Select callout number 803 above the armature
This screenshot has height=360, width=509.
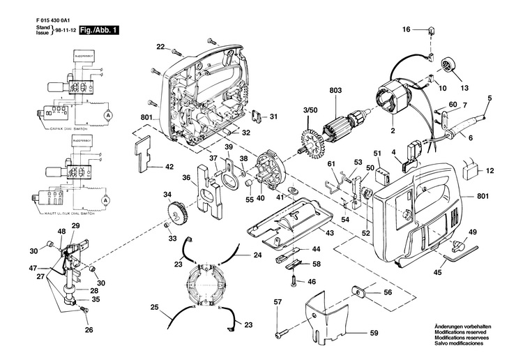pyautogui.click(x=335, y=90)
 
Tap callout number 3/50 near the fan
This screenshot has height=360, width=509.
pyautogui.click(x=309, y=111)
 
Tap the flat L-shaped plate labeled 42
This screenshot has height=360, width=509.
pyautogui.click(x=144, y=153)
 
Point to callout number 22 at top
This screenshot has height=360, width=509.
pyautogui.click(x=160, y=47)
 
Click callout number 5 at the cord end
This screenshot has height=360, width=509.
pyautogui.click(x=489, y=98)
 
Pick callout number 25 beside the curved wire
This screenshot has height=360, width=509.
pyautogui.click(x=154, y=307)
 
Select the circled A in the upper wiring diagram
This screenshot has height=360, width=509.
pyautogui.click(x=108, y=112)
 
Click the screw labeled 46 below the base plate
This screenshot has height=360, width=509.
pyautogui.click(x=296, y=282)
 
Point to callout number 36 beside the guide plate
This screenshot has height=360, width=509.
pyautogui.click(x=187, y=177)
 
